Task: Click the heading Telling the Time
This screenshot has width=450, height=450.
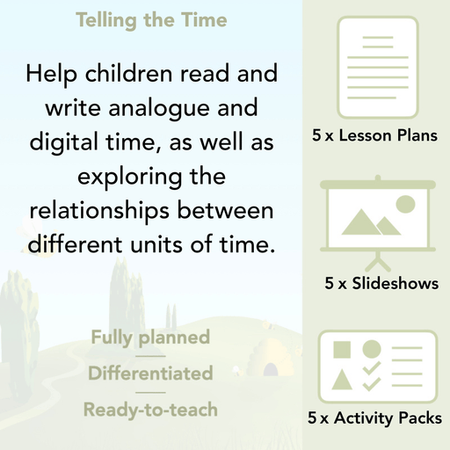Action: (x=150, y=19)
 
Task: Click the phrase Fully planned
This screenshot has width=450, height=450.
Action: (x=149, y=337)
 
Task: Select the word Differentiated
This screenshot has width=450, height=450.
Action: (x=149, y=374)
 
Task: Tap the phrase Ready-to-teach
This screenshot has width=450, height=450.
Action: (x=149, y=410)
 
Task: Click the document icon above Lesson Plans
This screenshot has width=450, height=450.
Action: (x=376, y=68)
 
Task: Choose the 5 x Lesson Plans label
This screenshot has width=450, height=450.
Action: (x=376, y=136)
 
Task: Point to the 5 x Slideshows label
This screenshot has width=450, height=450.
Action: (x=381, y=284)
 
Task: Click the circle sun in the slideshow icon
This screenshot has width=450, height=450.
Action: (x=404, y=205)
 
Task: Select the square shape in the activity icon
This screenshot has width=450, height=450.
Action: (x=343, y=349)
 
